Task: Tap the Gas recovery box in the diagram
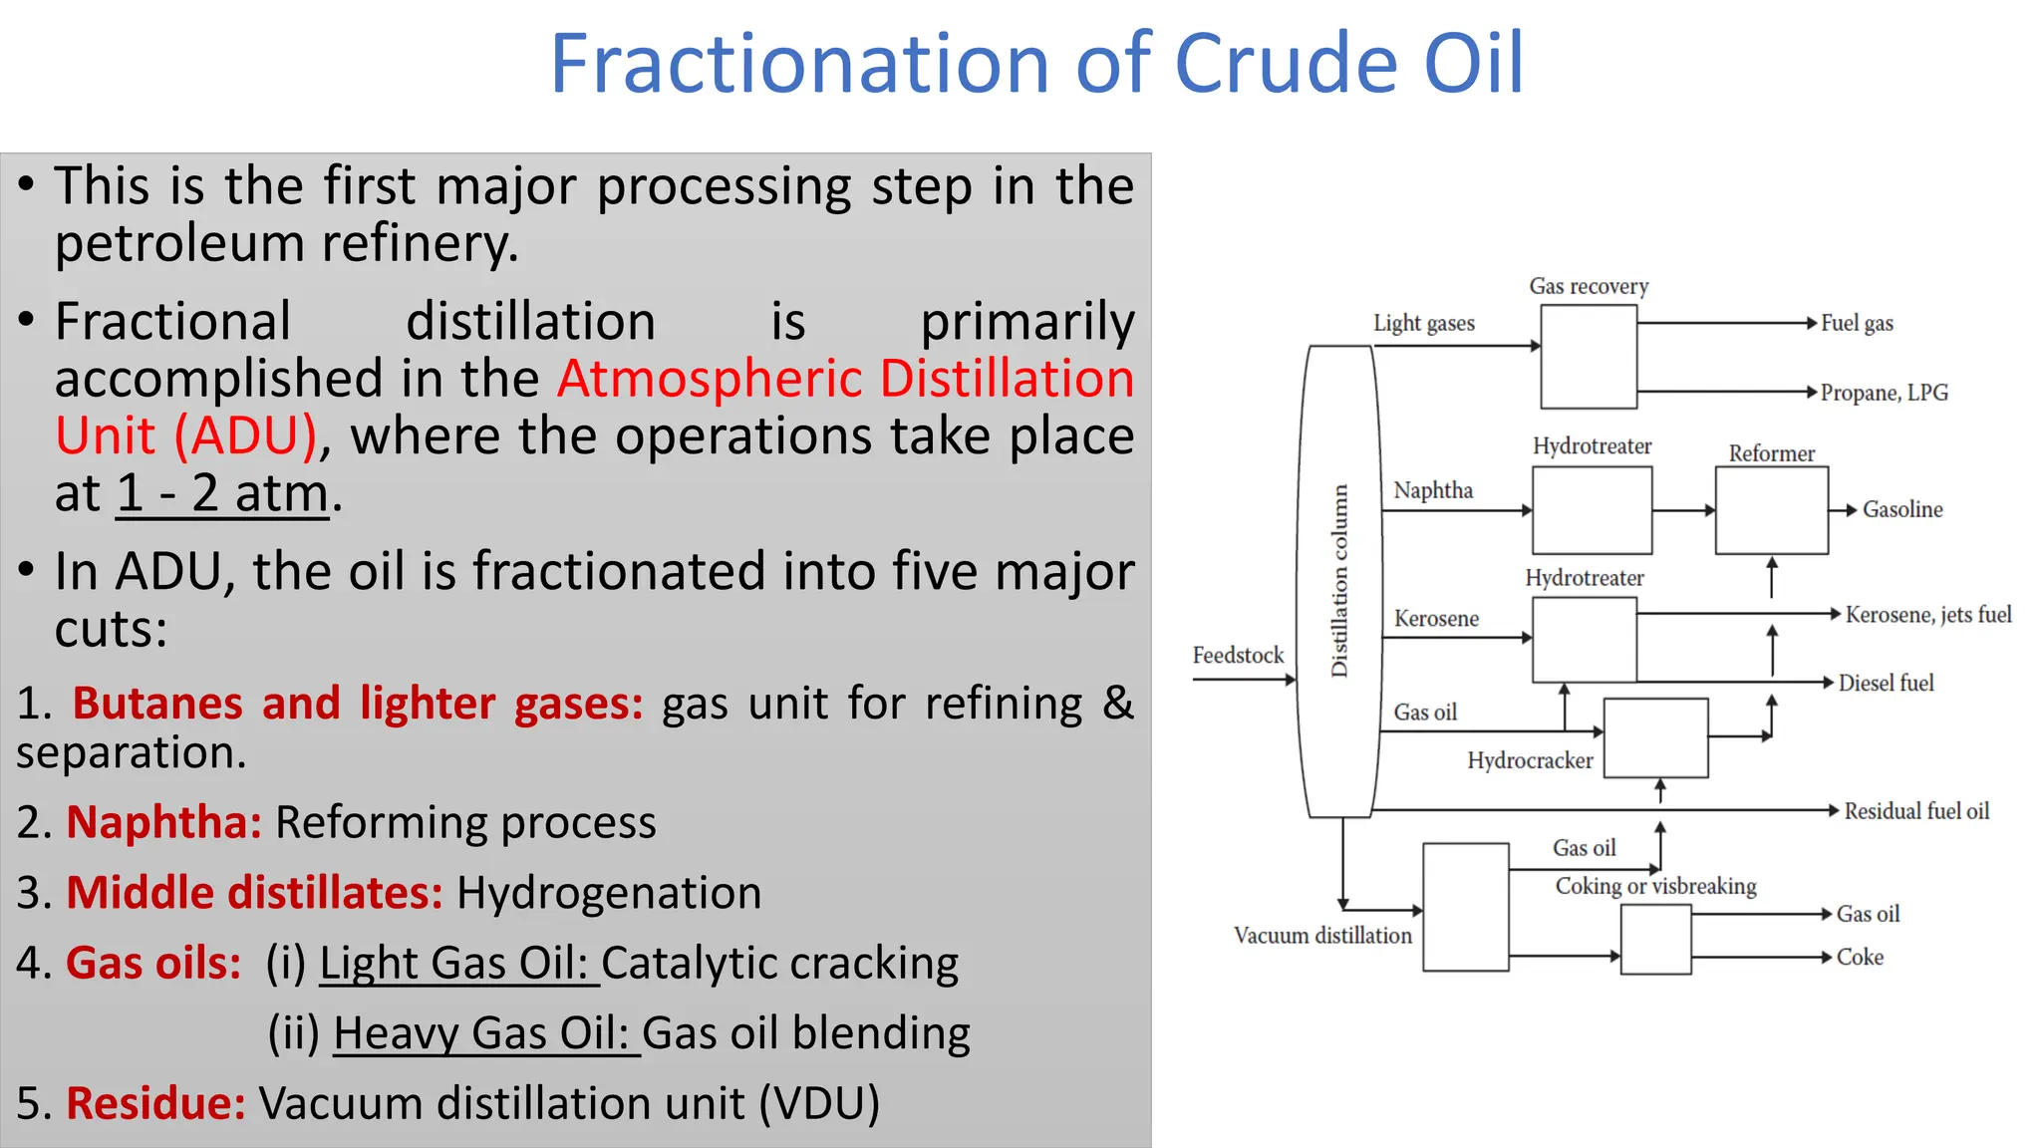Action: coord(1588,357)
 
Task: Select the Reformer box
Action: coord(1771,510)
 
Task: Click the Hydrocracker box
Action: coord(1655,737)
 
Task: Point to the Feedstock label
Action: coord(1238,656)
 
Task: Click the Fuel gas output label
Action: coord(1857,323)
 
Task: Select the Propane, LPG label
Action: coord(1884,393)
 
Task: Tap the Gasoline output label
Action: coord(1902,510)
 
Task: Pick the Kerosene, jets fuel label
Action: coord(1927,615)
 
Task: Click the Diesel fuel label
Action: coord(1886,684)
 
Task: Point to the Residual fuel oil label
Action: coord(1915,811)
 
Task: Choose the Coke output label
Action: coord(1860,958)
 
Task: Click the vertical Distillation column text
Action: coord(1339,581)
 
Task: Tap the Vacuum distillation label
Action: coord(1322,936)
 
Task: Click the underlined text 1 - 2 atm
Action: coord(222,493)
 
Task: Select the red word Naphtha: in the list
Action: coord(163,823)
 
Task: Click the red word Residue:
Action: coord(155,1104)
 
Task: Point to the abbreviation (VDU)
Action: coord(819,1104)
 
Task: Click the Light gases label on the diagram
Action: coord(1423,324)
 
